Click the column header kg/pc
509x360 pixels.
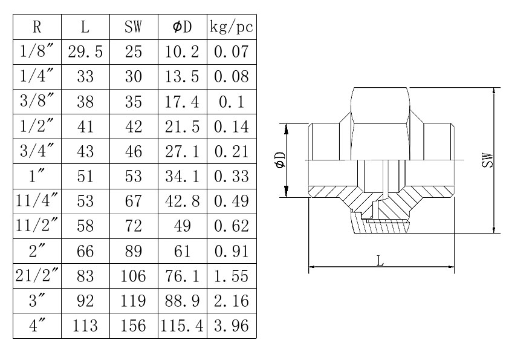231,27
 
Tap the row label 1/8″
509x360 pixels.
36,51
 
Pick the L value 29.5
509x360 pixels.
85,51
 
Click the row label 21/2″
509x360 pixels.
36,277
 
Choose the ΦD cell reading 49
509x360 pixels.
182,226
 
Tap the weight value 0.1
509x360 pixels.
231,102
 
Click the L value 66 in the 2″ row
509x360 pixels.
85,251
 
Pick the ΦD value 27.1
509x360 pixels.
182,151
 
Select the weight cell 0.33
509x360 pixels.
231,176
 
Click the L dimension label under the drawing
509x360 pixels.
380,261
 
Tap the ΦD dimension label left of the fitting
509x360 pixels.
280,160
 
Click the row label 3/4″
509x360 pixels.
36,151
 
